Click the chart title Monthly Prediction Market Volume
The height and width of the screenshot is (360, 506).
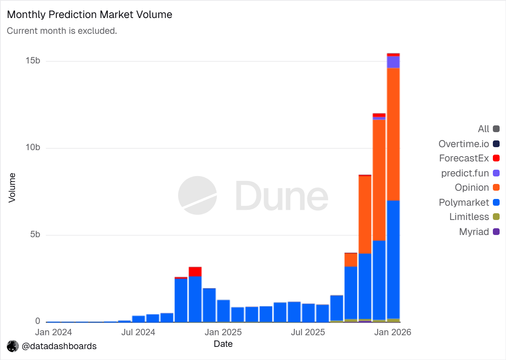89,15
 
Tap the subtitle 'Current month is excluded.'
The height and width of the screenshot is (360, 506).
62,31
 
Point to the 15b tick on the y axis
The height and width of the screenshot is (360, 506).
33,61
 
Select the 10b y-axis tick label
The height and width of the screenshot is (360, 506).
33,148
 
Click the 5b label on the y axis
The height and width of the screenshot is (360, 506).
35,235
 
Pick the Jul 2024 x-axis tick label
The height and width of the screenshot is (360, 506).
138,332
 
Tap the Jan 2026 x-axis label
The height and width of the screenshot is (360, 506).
393,332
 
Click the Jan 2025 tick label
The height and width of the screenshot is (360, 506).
223,332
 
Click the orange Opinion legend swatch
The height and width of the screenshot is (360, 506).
496,188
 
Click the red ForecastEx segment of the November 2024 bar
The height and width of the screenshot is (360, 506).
195,271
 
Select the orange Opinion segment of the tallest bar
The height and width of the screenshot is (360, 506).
393,134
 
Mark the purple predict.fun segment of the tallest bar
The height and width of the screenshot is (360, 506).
393,62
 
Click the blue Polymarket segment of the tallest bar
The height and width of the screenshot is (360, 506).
393,259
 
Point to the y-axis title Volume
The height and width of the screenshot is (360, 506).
12,188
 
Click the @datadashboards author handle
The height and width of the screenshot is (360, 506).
59,346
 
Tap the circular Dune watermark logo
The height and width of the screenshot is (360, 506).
198,196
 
